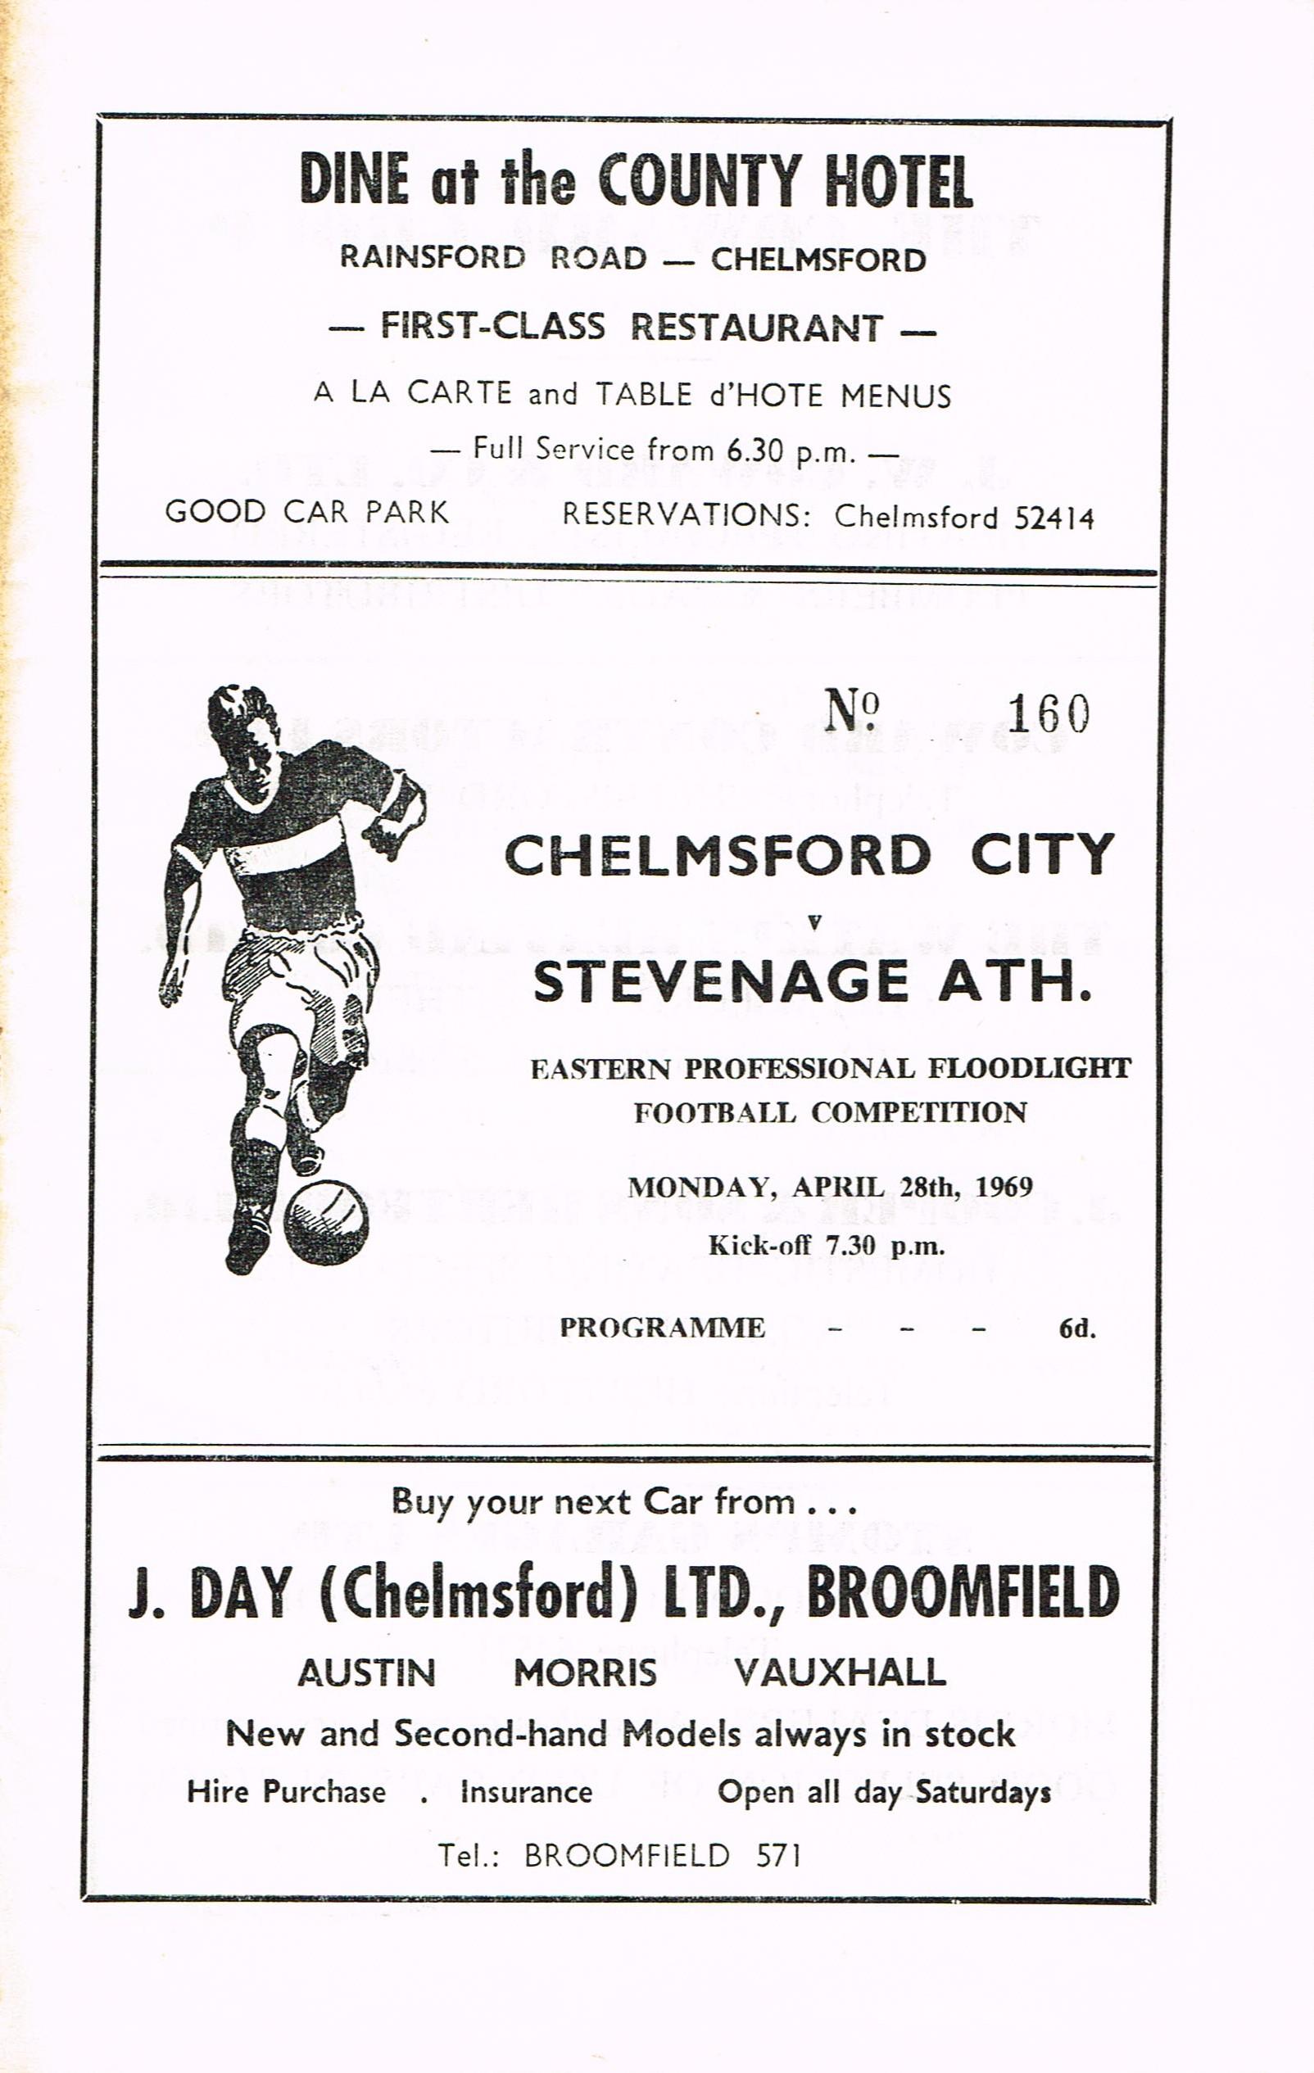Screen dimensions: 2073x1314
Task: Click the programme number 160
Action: pos(1048,713)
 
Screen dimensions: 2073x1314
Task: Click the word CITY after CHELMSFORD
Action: pos(1042,856)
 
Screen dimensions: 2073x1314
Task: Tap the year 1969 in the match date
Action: pos(1004,1187)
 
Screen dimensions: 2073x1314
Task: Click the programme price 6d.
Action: pos(1077,1328)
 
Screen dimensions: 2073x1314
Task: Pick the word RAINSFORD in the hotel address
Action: pos(433,257)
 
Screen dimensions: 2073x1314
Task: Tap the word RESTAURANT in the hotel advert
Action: pos(757,328)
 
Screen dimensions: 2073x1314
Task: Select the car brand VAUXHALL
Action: pos(840,1672)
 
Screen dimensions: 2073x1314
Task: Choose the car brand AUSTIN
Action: pos(367,1672)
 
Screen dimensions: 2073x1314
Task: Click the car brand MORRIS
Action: pos(585,1672)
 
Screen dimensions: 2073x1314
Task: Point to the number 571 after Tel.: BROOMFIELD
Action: pos(778,1854)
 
